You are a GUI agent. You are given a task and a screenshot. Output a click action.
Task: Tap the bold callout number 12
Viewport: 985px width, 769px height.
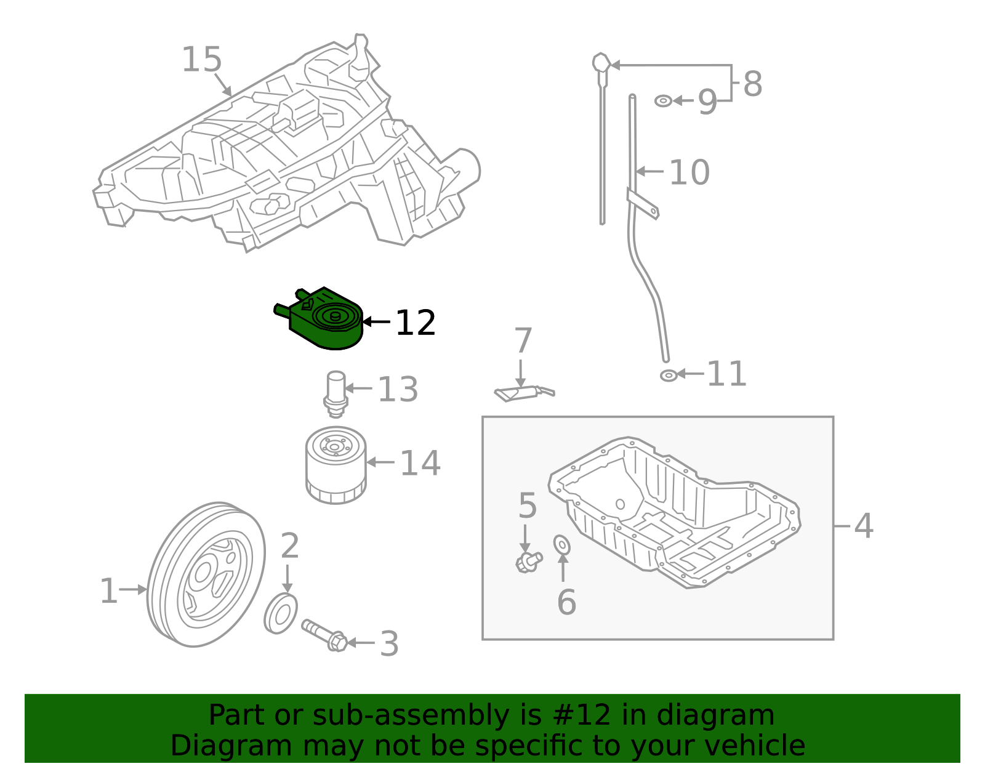point(415,323)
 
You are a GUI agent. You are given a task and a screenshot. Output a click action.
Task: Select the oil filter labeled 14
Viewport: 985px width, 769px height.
point(336,465)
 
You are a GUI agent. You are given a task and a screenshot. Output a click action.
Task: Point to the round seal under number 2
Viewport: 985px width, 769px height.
point(281,613)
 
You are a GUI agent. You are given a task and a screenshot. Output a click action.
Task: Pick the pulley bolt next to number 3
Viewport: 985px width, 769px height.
point(324,636)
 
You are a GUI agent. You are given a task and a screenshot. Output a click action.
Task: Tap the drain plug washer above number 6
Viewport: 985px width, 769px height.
point(562,545)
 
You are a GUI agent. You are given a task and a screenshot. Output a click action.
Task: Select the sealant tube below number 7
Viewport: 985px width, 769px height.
point(523,393)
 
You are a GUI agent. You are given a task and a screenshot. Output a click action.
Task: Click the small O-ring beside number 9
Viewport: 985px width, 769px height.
point(663,101)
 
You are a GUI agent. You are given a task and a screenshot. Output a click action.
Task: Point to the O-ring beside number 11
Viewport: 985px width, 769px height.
point(669,375)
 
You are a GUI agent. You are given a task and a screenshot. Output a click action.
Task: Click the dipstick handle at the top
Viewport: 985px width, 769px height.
point(601,63)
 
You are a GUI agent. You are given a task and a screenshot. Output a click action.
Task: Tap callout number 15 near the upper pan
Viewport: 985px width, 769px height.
point(201,60)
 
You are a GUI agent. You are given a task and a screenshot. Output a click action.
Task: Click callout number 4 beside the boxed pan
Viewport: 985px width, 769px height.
point(863,526)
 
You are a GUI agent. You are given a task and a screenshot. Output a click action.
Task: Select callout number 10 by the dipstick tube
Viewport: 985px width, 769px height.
point(689,172)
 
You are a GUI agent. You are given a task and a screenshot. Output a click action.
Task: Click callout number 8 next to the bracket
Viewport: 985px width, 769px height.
point(752,84)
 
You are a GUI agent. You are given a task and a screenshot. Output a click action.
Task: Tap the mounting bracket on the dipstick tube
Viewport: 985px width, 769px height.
point(643,204)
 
